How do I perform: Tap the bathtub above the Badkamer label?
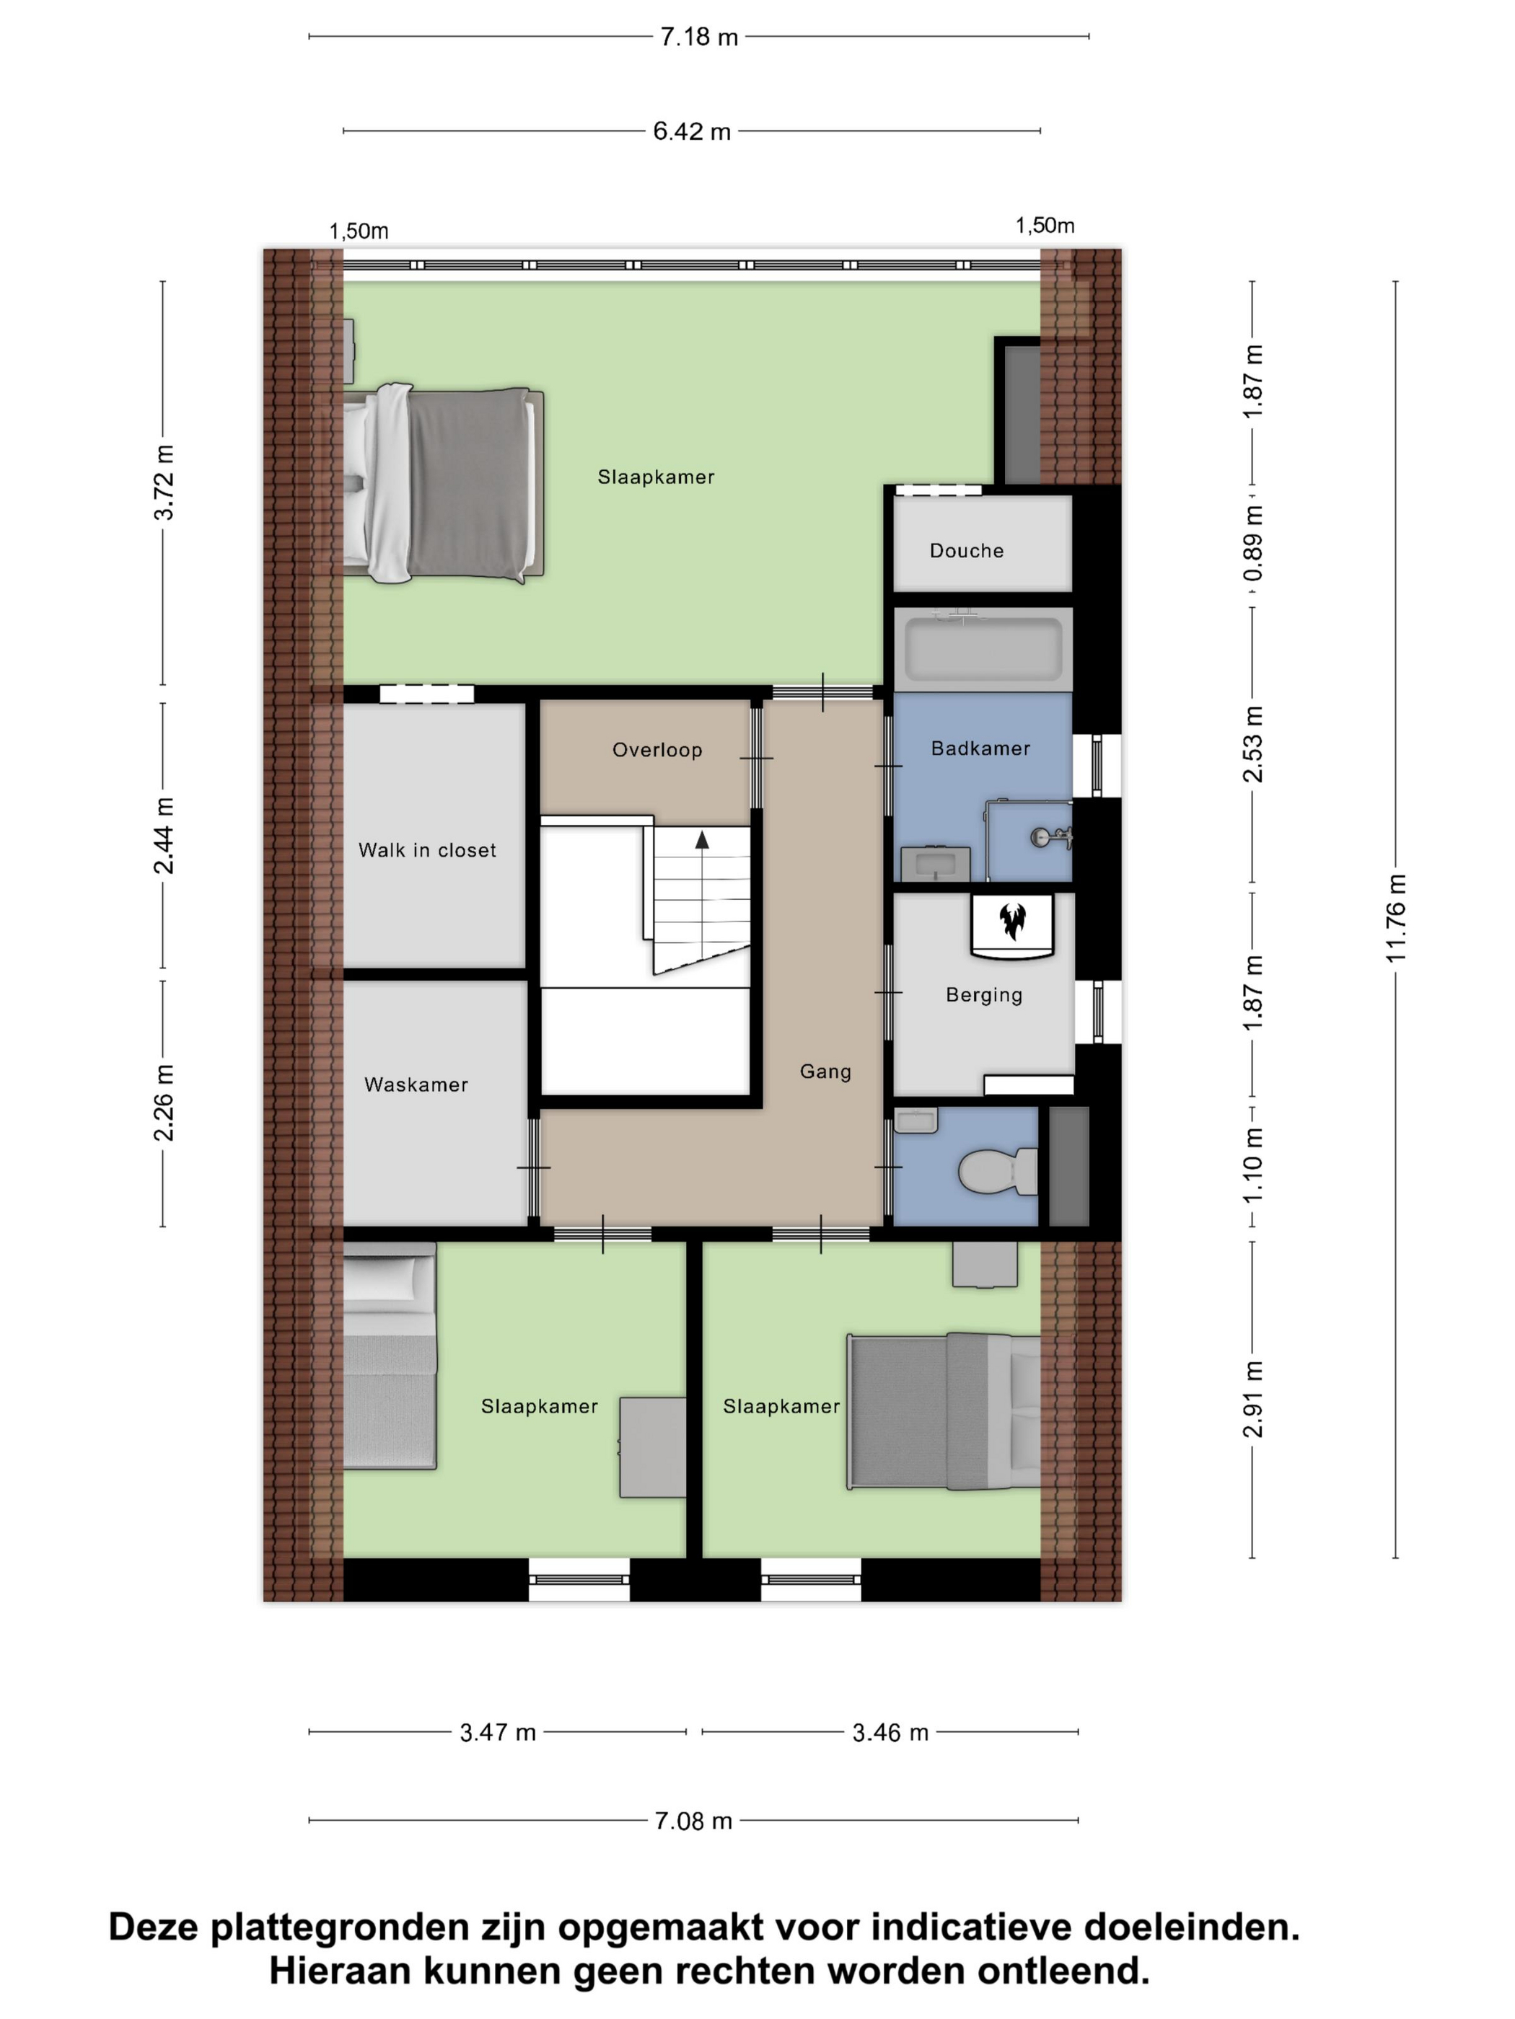click(x=982, y=648)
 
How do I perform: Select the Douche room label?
click(x=966, y=550)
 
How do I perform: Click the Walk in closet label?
click(x=426, y=849)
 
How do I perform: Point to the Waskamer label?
click(x=416, y=1084)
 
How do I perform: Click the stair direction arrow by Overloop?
click(x=701, y=841)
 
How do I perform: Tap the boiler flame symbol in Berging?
click(x=1011, y=921)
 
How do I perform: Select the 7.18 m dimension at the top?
click(x=698, y=37)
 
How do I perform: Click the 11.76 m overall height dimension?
click(x=1396, y=917)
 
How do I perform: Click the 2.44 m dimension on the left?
click(x=164, y=834)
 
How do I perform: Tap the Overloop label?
click(x=656, y=751)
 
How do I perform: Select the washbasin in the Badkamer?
click(x=934, y=862)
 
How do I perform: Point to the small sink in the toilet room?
click(x=915, y=1120)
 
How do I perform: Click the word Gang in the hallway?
click(x=825, y=1072)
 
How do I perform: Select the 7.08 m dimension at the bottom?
click(x=693, y=1821)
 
